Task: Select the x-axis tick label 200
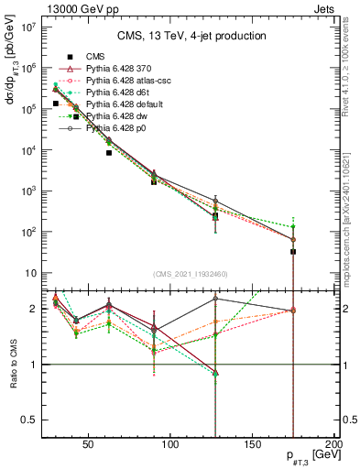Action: pyautogui.click(x=333, y=447)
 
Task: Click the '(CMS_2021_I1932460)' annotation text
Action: pyautogui.click(x=191, y=274)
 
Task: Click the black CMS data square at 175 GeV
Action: pyautogui.click(x=293, y=251)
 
